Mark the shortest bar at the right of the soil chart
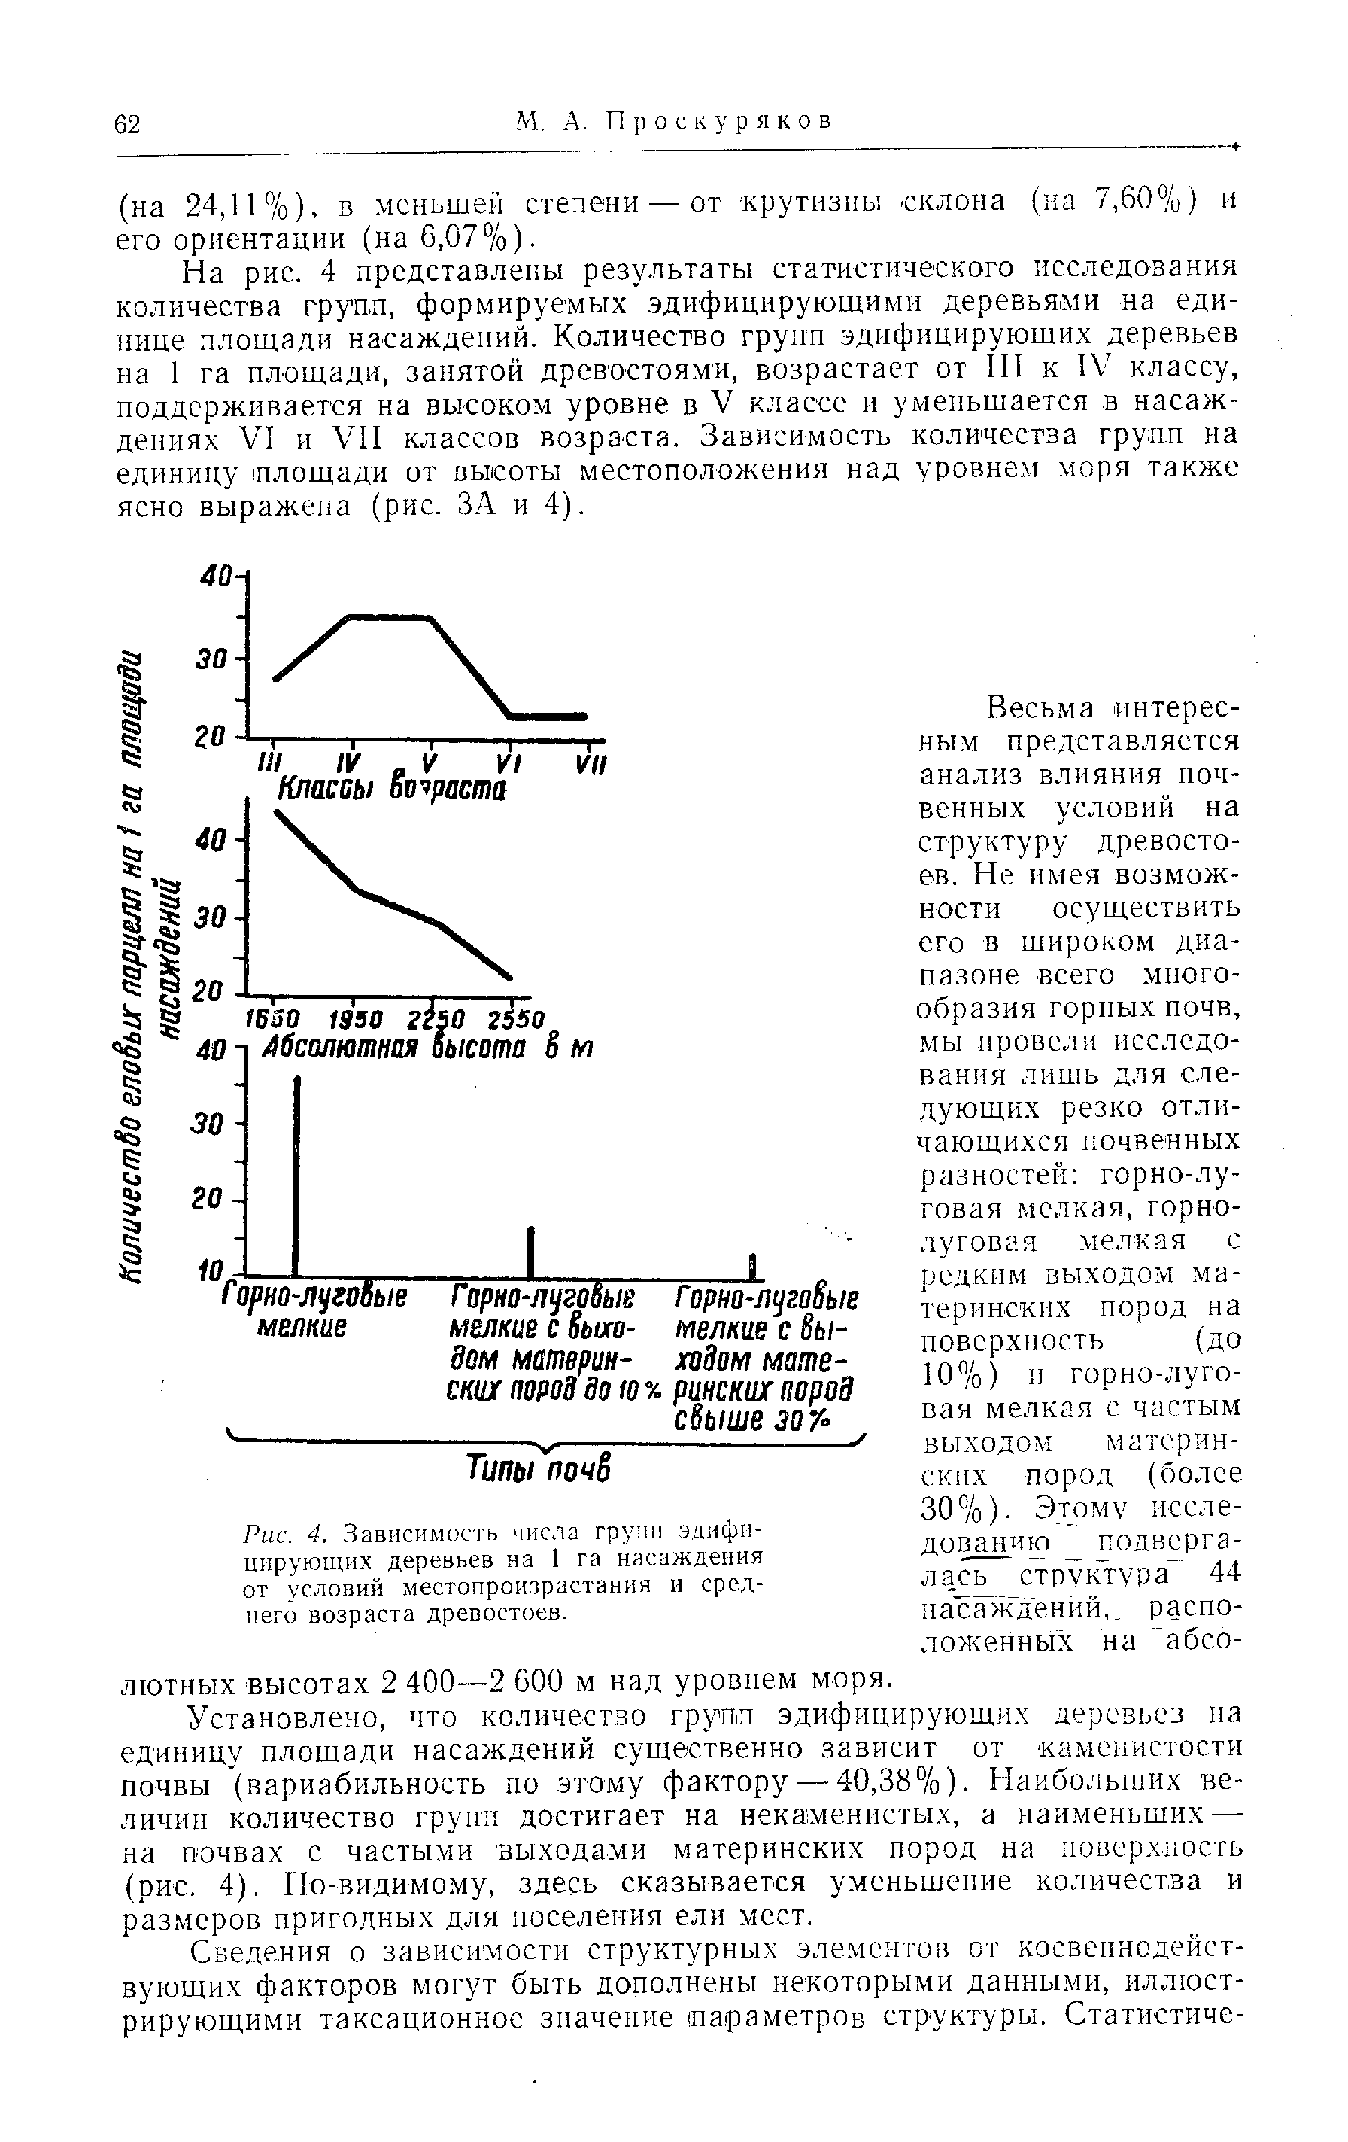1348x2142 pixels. click(751, 1264)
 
